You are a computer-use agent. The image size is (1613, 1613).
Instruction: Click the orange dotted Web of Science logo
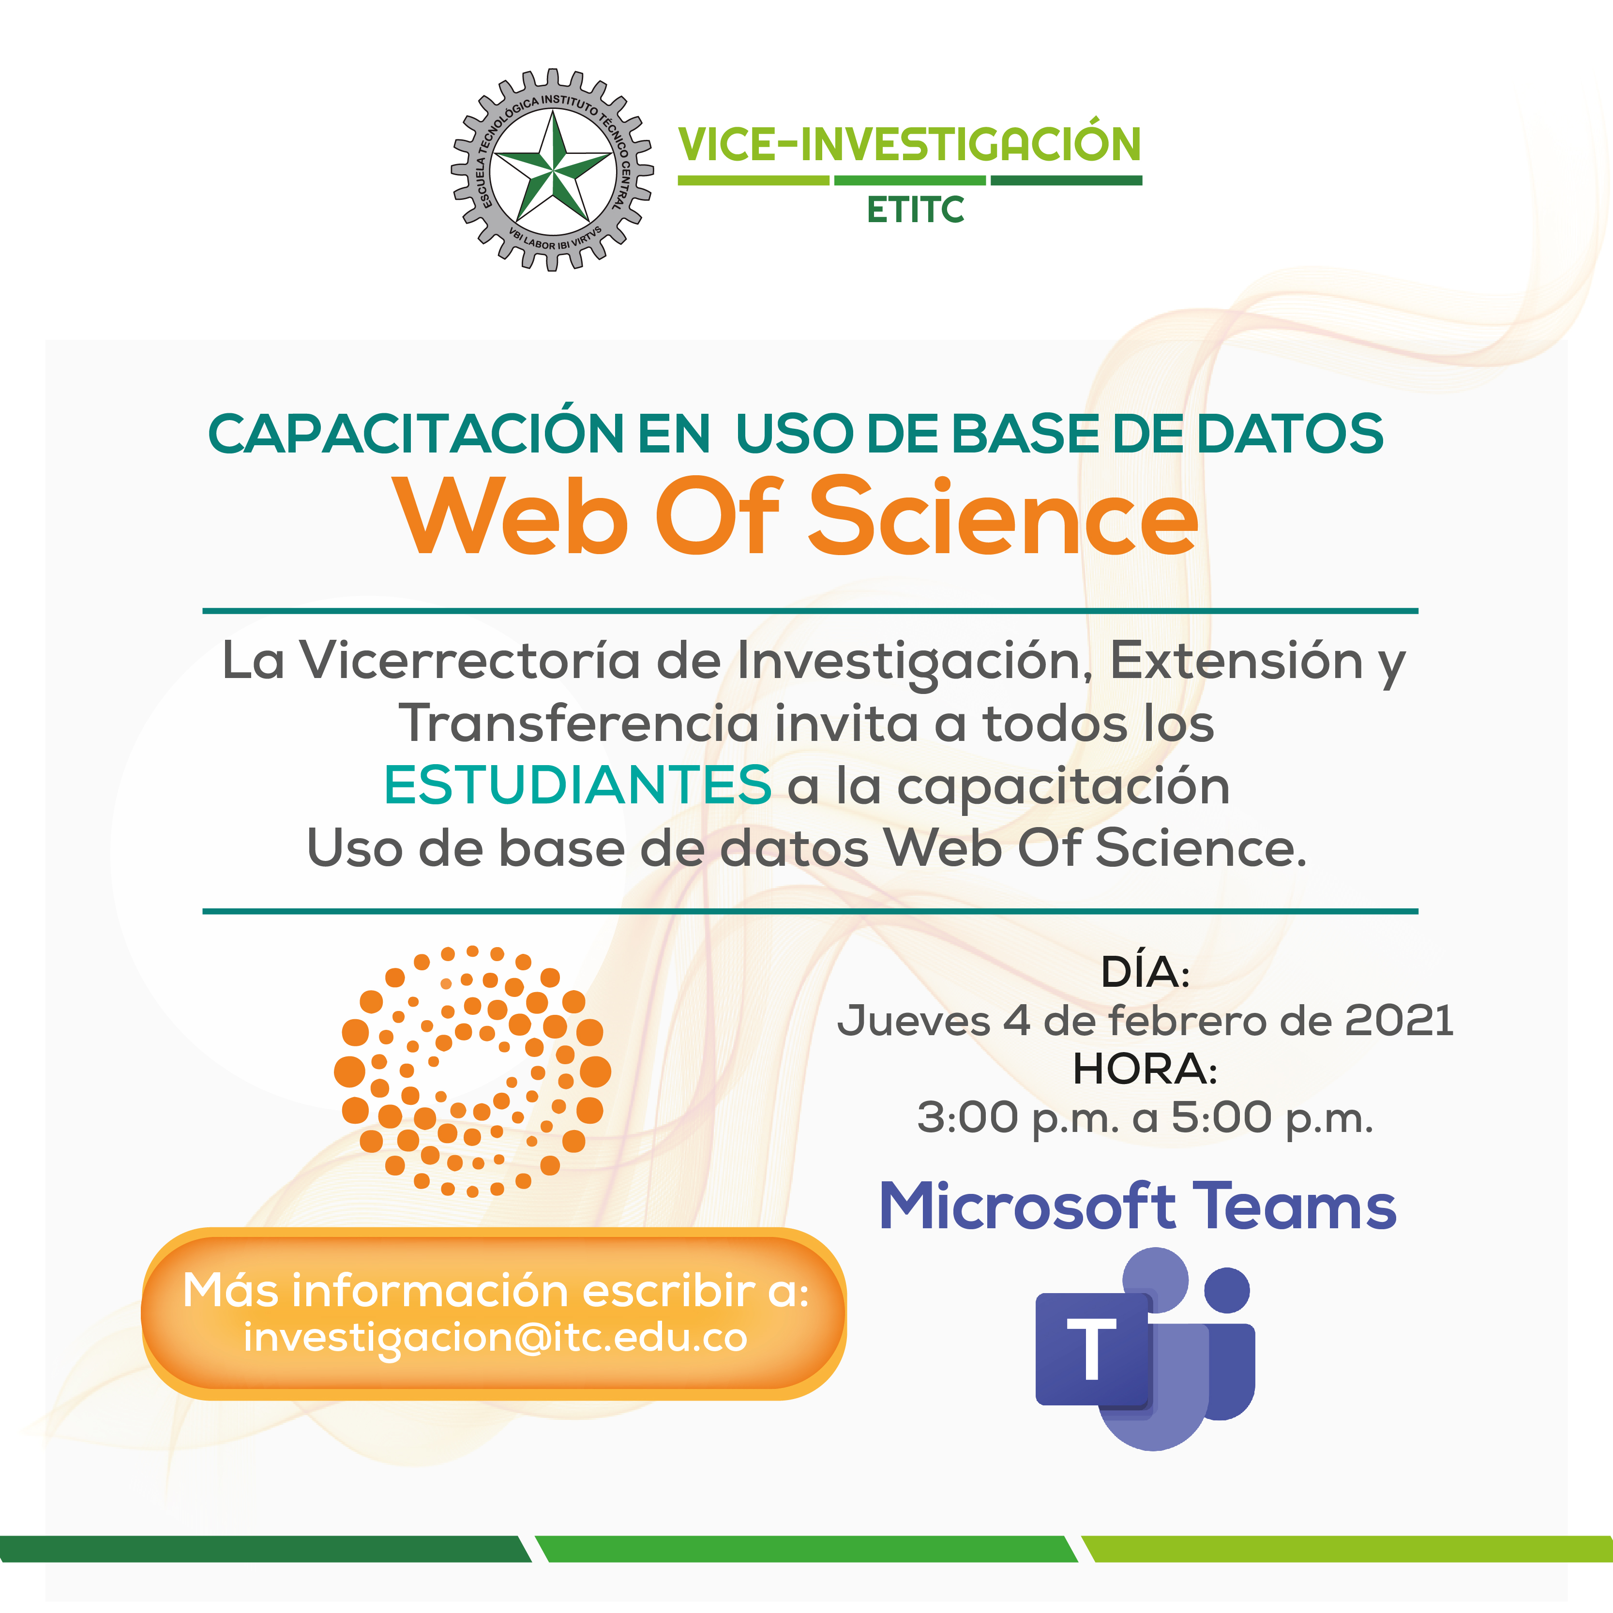coord(472,1071)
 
